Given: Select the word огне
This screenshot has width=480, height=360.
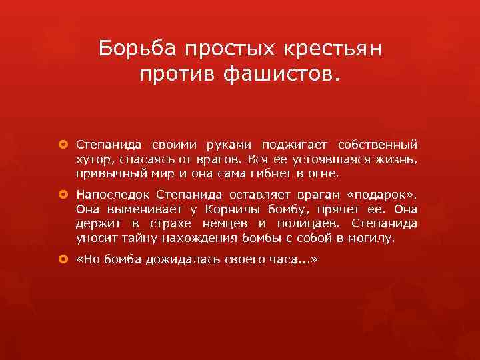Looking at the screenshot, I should [x=325, y=174].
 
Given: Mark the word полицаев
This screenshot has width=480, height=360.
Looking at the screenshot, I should [x=306, y=224].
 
